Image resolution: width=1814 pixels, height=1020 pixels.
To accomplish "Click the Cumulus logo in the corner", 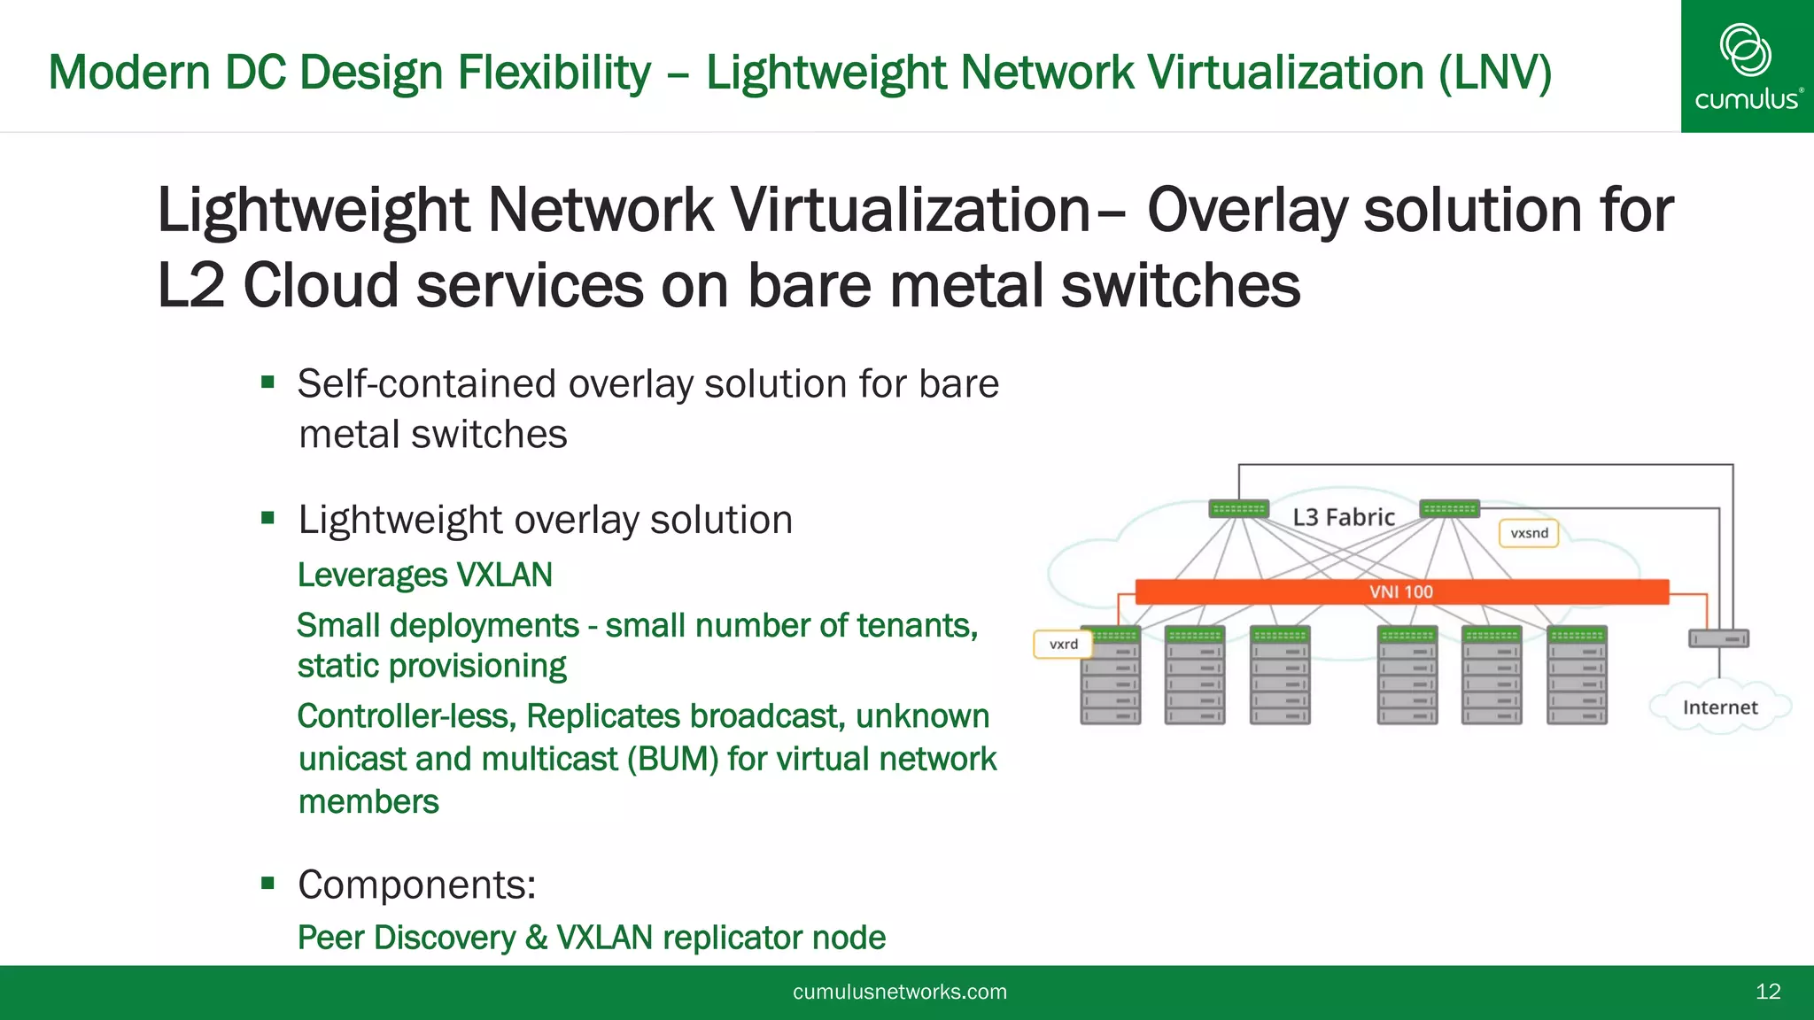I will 1746,66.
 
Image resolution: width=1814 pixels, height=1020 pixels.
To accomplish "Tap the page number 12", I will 1767,992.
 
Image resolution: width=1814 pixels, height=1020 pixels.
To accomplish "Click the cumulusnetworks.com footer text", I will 899,992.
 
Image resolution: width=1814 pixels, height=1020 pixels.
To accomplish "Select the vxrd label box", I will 1063,645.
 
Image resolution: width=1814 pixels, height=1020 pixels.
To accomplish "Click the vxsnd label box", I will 1529,533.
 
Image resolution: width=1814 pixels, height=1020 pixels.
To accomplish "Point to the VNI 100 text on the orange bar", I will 1400,591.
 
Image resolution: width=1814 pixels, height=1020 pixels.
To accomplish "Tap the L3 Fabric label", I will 1343,517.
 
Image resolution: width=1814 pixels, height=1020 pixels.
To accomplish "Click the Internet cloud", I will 1719,707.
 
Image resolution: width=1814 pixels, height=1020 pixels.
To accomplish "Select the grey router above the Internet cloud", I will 1718,638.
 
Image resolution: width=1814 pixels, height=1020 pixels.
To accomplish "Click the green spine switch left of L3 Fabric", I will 1238,509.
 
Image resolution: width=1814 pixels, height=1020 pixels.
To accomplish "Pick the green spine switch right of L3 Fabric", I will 1449,509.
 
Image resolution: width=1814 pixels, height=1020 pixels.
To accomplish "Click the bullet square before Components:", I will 268,883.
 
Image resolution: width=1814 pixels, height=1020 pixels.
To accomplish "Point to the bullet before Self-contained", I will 268,382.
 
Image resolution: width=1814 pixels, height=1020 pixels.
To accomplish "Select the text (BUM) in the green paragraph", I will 672,760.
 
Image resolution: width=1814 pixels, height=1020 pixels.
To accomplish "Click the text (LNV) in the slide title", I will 1494,73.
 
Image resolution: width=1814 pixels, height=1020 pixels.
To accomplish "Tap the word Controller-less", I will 407,716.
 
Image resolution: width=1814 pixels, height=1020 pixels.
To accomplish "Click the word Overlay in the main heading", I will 1246,211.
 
